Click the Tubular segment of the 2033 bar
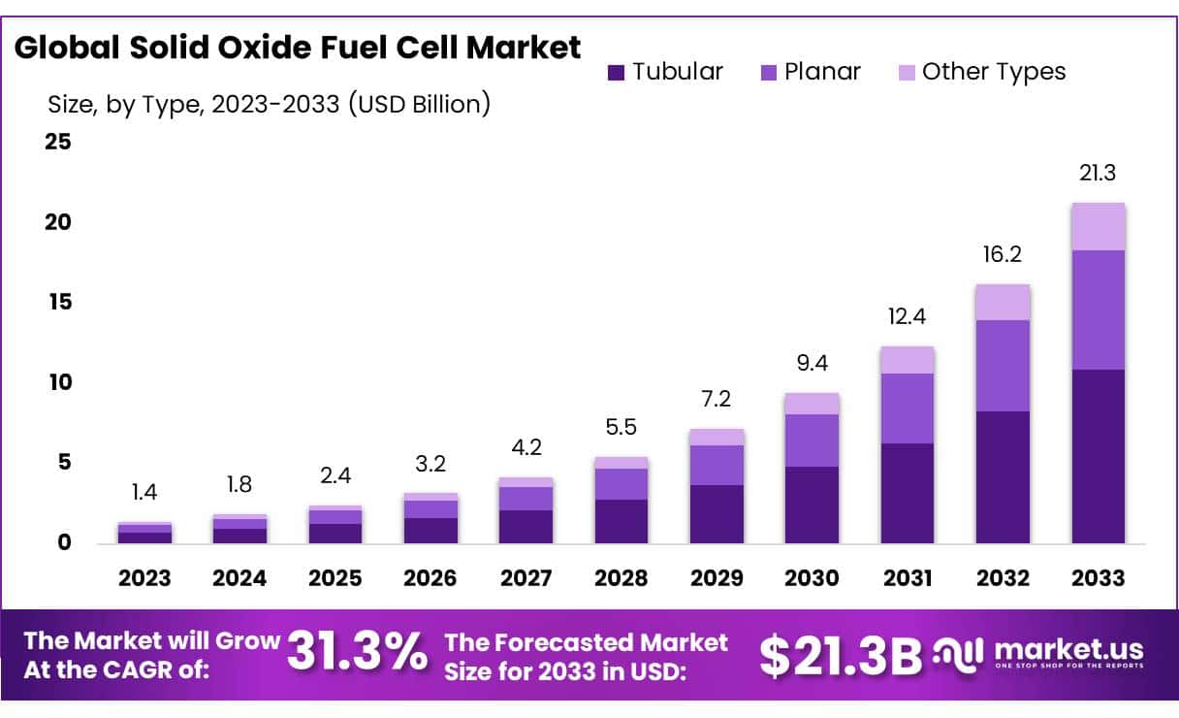[1098, 456]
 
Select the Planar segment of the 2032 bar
[1003, 366]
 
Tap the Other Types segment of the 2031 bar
[907, 360]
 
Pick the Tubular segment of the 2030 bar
[812, 505]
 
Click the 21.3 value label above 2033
[1098, 174]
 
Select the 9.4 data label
[812, 364]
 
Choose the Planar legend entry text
[822, 72]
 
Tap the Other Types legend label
[993, 72]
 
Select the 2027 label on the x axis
[526, 578]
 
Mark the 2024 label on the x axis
[239, 578]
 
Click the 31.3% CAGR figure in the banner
[356, 653]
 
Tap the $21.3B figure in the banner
[840, 655]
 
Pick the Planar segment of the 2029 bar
[717, 465]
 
